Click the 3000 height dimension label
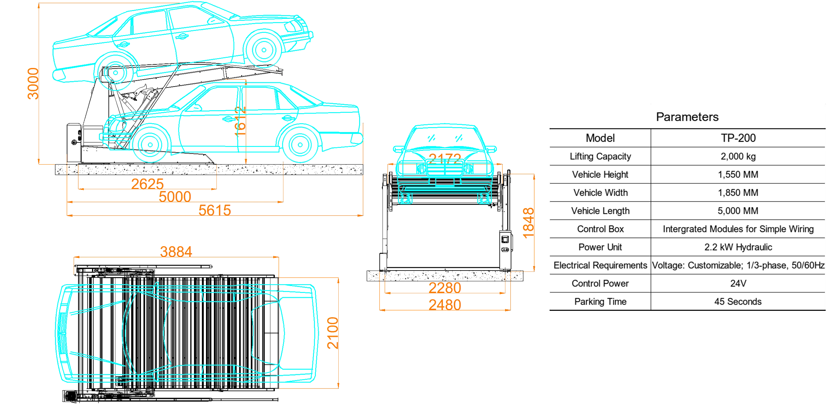point(33,84)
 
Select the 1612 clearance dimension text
point(241,121)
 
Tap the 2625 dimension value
point(148,184)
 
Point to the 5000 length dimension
point(175,197)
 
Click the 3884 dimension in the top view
point(176,251)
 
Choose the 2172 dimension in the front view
point(445,159)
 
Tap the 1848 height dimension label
point(529,223)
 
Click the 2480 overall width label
point(445,305)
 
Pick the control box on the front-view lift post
point(506,241)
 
